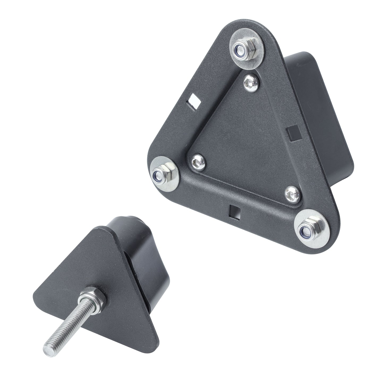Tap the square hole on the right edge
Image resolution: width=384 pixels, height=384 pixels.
coord(294,132)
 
